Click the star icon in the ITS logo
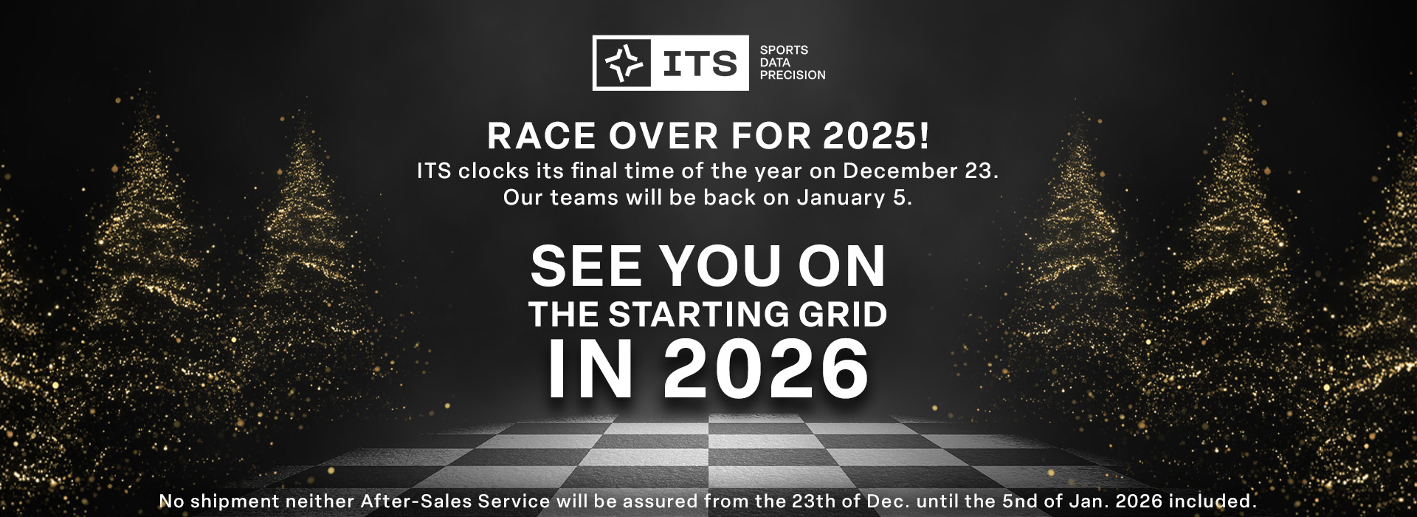pos(624,63)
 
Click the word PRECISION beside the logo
pos(793,75)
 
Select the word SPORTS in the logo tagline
pos(784,50)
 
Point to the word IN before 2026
pos(590,369)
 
